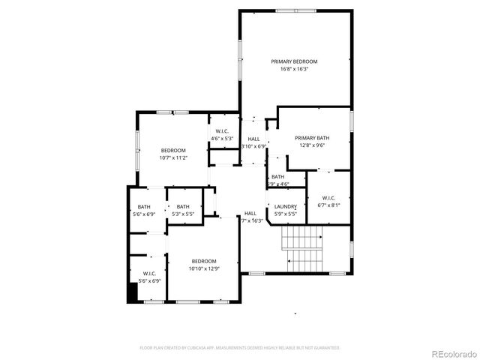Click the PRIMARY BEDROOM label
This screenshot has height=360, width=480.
294,61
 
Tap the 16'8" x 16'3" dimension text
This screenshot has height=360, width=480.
294,69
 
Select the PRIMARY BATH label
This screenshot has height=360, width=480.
311,138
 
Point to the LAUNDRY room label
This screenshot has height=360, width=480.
285,207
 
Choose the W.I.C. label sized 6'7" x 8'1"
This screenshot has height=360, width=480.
329,197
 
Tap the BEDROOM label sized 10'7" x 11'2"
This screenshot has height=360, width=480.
172,151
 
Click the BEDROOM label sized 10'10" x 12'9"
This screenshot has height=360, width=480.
202,261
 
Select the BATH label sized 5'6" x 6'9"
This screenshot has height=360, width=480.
144,207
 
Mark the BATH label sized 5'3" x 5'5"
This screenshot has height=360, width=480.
183,207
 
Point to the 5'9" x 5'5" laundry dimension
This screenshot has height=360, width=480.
285,214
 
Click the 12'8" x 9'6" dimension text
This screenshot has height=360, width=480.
311,145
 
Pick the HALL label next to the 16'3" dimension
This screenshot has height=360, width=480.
250,214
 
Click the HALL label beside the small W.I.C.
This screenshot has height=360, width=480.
254,139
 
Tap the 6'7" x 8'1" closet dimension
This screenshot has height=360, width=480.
329,205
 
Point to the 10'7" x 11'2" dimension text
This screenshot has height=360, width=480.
172,158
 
